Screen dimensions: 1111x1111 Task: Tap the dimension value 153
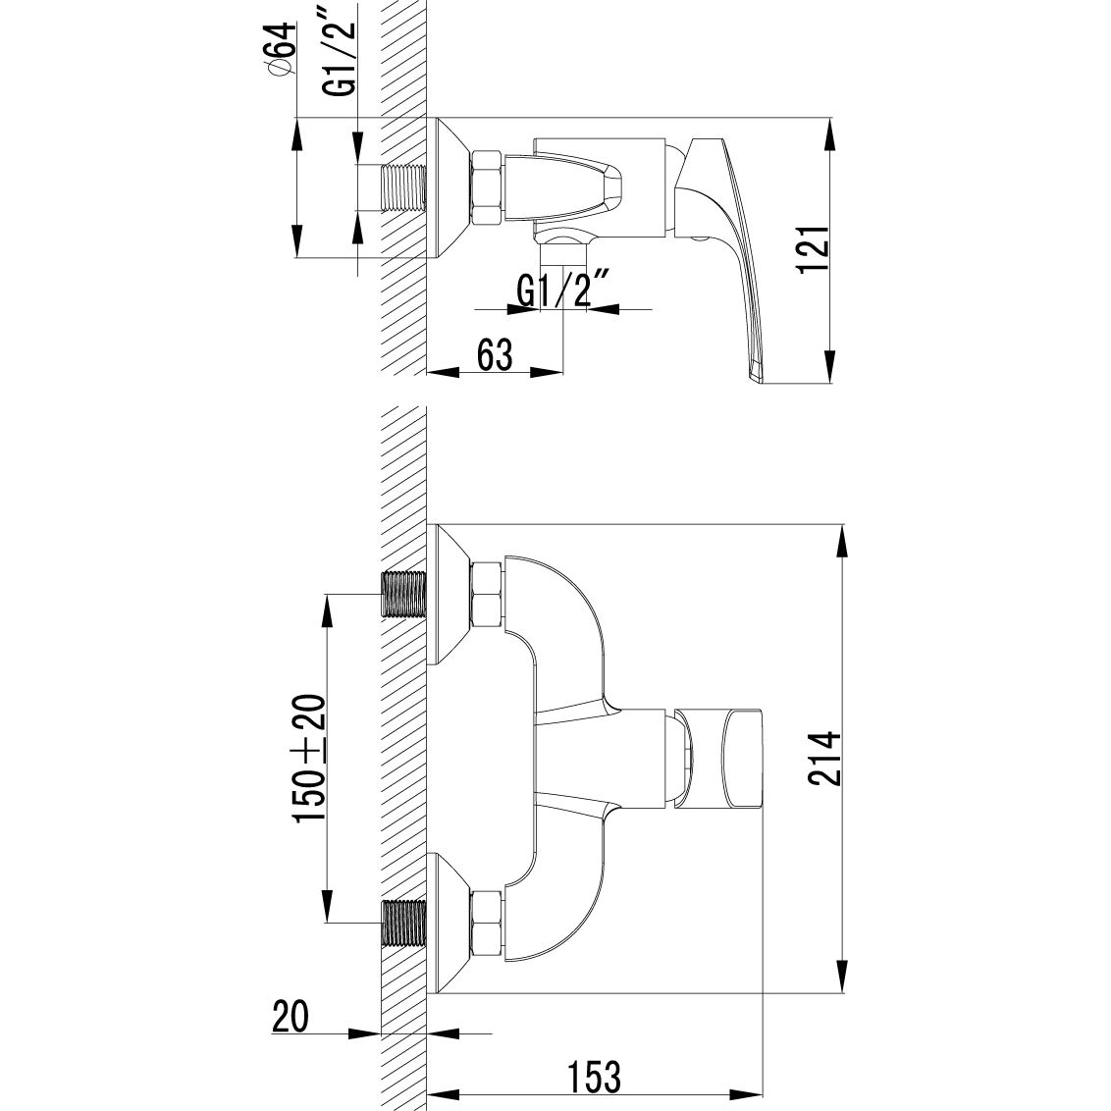coord(595,1077)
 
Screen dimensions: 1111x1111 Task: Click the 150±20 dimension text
coord(308,760)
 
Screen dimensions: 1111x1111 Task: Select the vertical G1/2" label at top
coord(341,60)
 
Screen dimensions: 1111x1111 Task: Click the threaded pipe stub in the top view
coord(402,186)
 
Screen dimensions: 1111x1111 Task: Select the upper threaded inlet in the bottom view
coord(402,594)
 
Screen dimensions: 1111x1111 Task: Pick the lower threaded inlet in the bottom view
coord(402,925)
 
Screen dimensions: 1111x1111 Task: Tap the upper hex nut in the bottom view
coord(488,595)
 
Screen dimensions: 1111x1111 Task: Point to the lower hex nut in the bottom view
coord(488,925)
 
